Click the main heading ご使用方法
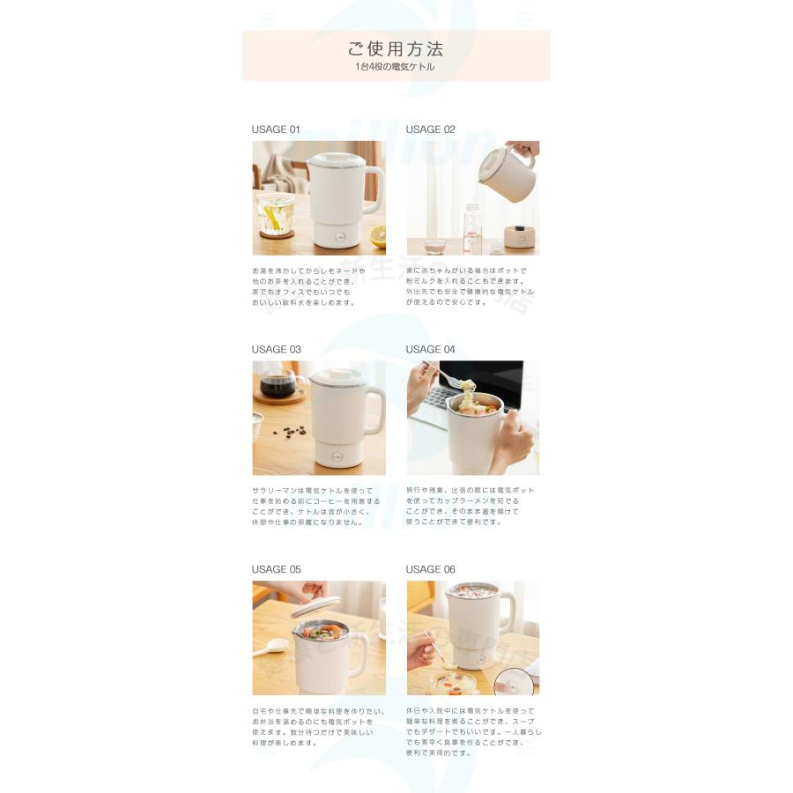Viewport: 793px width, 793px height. click(x=395, y=48)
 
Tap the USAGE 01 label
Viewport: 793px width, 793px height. click(x=276, y=130)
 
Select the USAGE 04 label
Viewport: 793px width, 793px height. click(x=430, y=350)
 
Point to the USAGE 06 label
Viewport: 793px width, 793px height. click(x=430, y=569)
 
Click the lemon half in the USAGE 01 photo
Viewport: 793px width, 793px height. click(x=378, y=236)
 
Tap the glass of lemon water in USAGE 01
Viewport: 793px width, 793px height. click(x=274, y=214)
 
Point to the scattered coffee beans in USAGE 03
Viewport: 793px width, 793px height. click(x=288, y=431)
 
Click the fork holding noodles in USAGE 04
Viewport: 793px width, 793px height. click(x=454, y=380)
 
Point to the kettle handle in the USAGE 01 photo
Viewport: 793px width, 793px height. click(x=374, y=189)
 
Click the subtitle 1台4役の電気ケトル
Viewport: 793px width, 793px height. click(x=395, y=67)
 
